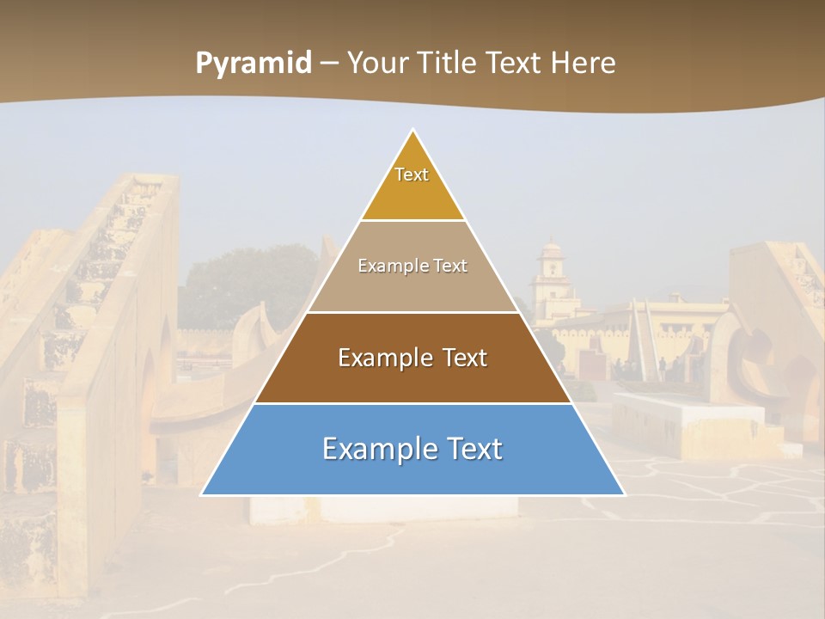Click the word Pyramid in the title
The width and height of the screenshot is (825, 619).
[254, 64]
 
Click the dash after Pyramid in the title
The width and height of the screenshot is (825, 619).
[329, 64]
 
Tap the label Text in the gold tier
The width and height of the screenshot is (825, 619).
[412, 175]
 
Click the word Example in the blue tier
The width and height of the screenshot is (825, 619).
[375, 449]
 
